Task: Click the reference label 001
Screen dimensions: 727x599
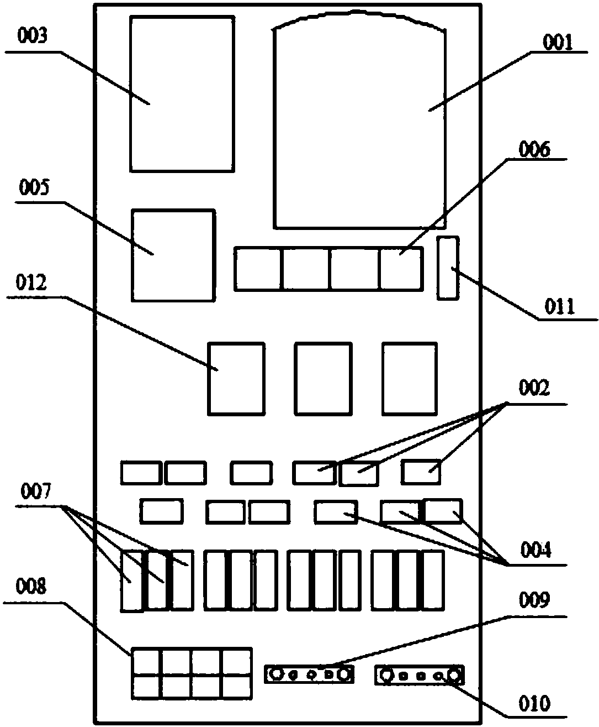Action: pos(558,42)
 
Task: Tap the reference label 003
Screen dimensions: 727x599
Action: pos(33,36)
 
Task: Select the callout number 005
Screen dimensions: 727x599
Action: pos(33,187)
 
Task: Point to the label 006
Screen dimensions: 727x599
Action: pos(534,149)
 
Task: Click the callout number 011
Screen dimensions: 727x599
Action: pos(560,306)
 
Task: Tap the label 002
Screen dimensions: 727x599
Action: pos(534,389)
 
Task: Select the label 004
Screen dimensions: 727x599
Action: pos(536,550)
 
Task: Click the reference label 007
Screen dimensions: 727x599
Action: pos(35,490)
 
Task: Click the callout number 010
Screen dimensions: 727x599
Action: pos(535,704)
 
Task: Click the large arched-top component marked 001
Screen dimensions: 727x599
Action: pos(360,127)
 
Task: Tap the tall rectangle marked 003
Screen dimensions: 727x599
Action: pos(182,93)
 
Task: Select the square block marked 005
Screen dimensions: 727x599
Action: pos(173,255)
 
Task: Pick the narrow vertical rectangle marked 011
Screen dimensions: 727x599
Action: pos(448,268)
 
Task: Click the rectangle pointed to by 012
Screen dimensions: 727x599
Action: pos(236,378)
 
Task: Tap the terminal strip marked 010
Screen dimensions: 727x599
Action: pos(420,675)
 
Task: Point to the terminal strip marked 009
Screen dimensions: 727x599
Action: pos(309,674)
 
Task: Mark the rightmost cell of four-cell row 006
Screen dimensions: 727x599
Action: pos(401,269)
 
